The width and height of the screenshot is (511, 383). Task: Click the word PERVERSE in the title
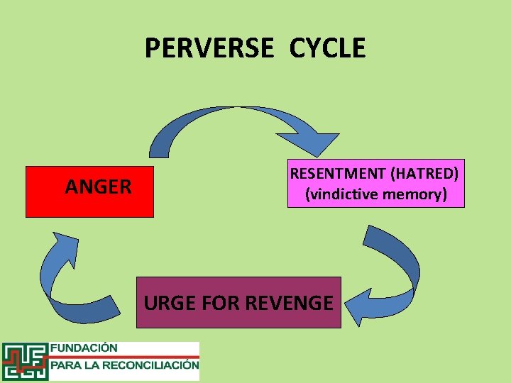[209, 48]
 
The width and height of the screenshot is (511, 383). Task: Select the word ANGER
[98, 187]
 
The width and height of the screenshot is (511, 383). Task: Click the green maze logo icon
[24, 361]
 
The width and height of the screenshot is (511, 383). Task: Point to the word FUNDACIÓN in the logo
[83, 348]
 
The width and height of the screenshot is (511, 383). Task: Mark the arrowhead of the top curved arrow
[323, 143]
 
